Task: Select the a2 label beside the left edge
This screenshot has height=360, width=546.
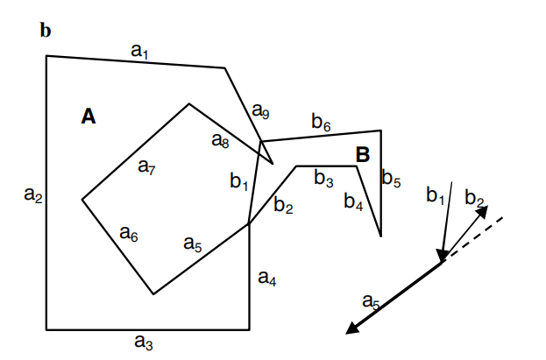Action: click(x=32, y=198)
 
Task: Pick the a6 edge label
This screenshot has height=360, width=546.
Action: click(x=129, y=234)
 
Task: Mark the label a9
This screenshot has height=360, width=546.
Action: click(x=261, y=111)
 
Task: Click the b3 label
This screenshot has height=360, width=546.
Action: click(x=323, y=180)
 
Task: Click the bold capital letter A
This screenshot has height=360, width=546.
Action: click(x=89, y=116)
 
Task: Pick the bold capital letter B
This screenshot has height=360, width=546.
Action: click(x=362, y=155)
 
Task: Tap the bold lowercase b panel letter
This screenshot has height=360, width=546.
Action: click(x=46, y=32)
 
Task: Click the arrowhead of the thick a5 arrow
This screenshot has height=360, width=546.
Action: click(x=352, y=328)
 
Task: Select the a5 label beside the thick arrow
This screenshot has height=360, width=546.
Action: click(x=372, y=302)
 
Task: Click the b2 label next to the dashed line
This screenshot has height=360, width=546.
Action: click(x=475, y=198)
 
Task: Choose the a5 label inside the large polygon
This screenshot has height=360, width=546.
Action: click(x=193, y=244)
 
